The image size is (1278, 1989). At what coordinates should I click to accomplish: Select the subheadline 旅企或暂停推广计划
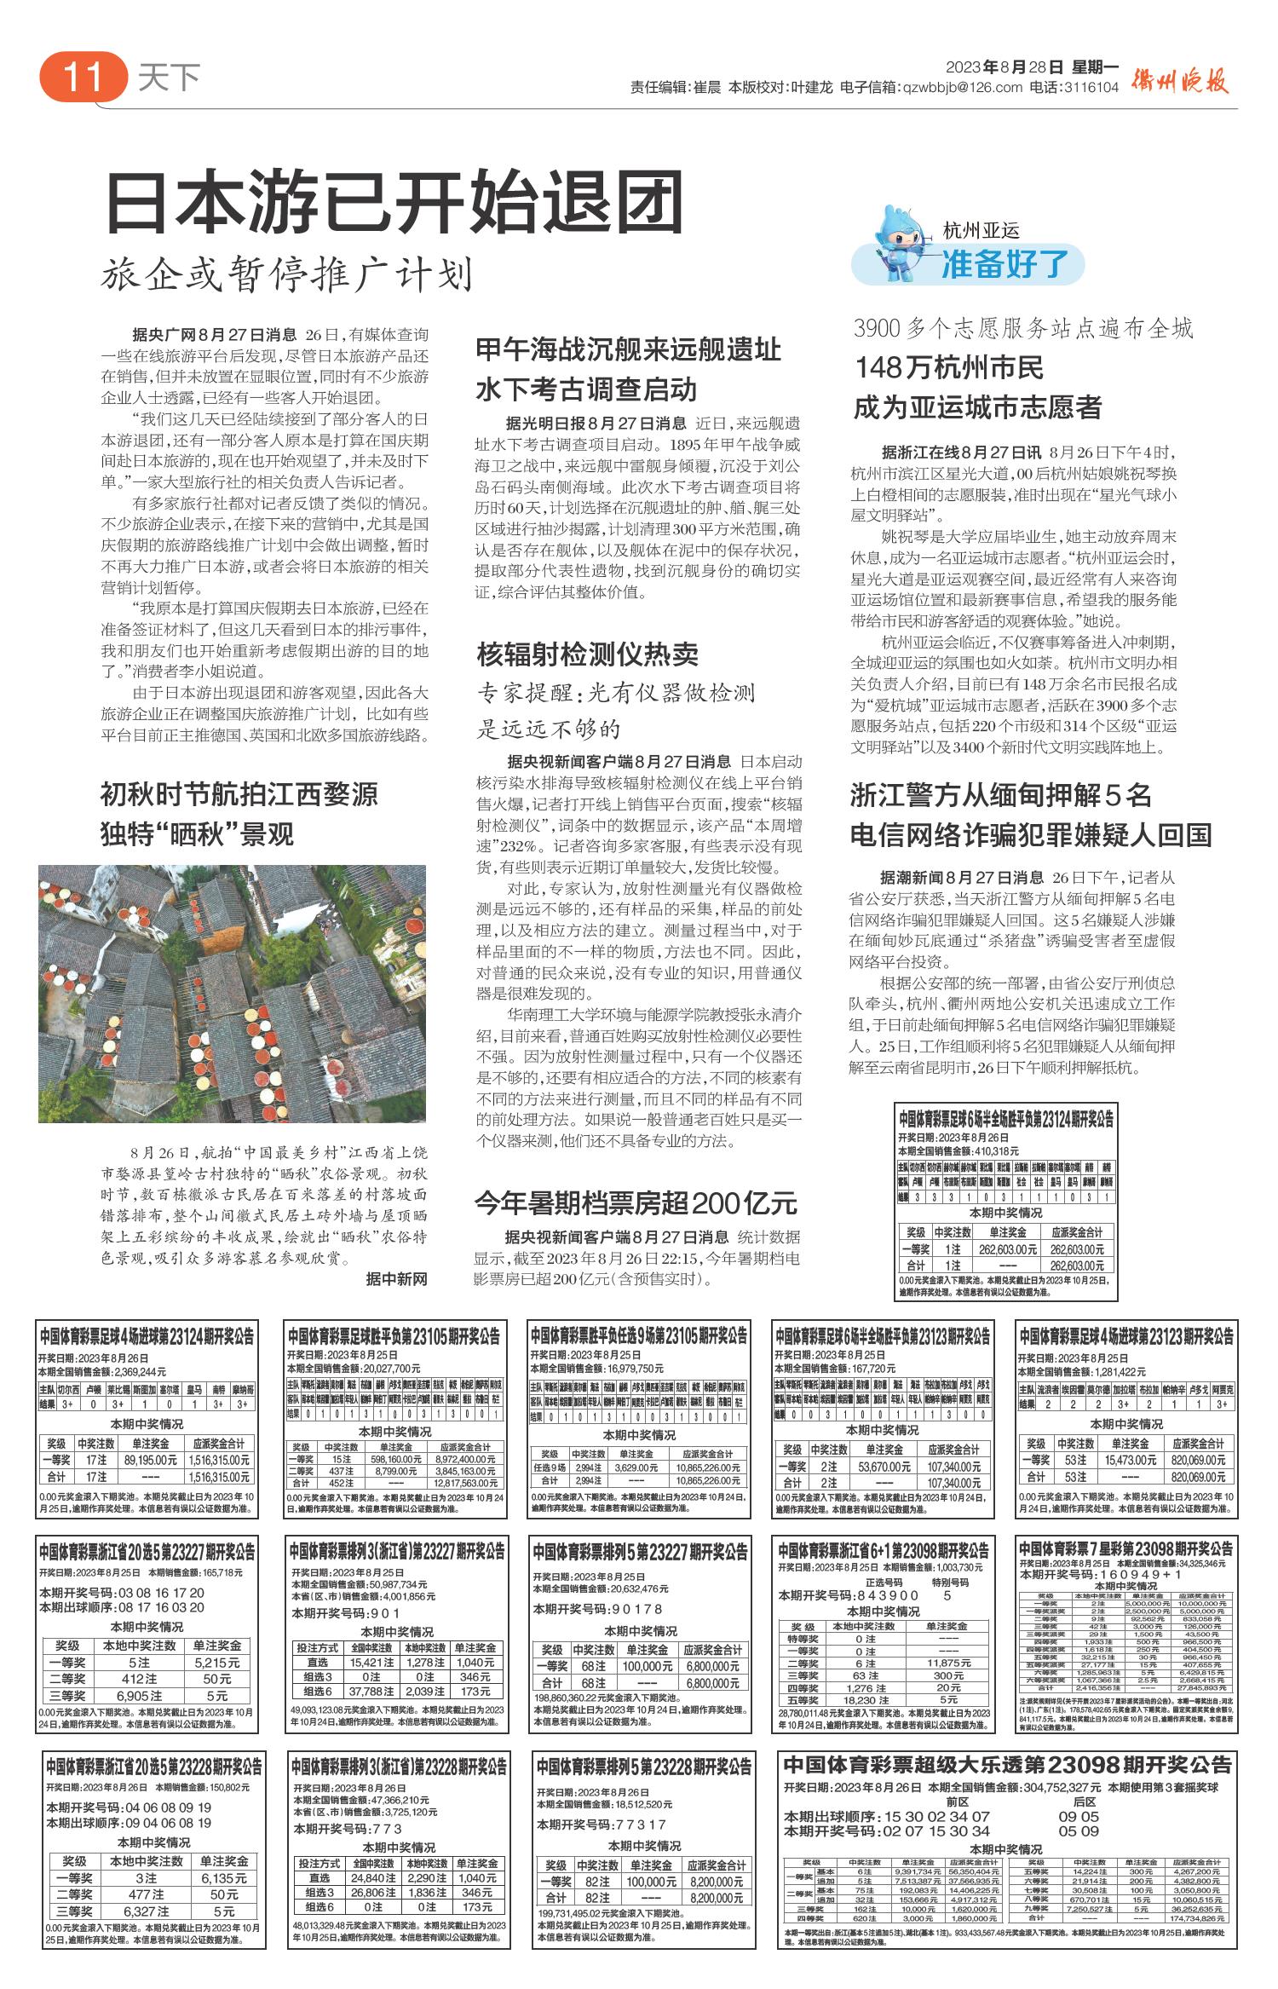pos(286,274)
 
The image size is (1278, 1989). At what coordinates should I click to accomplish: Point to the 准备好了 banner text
pos(1005,265)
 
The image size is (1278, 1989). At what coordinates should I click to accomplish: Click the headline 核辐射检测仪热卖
pos(588,654)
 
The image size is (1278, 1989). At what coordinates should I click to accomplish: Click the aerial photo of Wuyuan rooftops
pos(232,993)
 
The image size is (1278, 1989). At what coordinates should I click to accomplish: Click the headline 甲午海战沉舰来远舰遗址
pos(628,350)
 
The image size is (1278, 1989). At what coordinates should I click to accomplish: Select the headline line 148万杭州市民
pos(949,368)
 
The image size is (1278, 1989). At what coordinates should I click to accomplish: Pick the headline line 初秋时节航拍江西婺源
pos(239,795)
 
